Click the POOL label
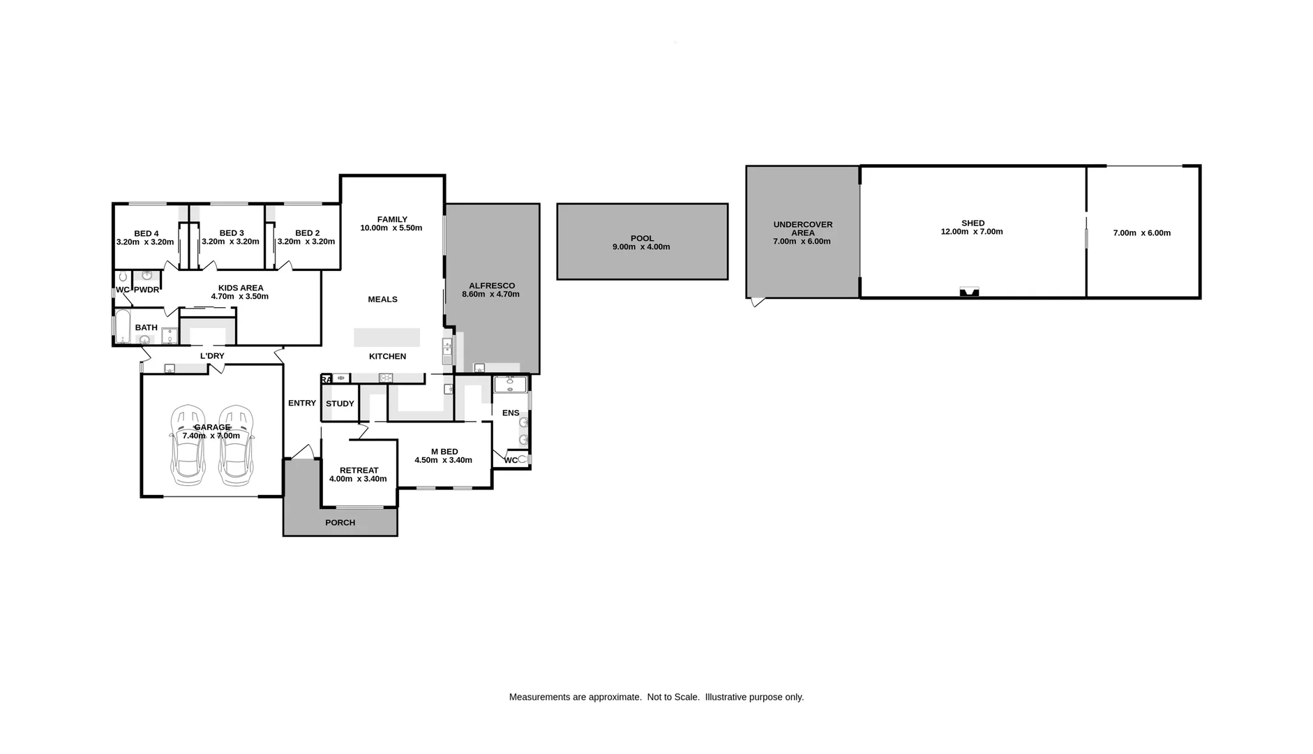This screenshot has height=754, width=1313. point(642,238)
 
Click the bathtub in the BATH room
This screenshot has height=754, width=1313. point(123,326)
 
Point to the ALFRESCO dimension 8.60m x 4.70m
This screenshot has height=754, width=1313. point(490,295)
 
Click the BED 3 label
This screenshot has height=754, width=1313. point(231,233)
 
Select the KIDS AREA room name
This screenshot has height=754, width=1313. point(241,288)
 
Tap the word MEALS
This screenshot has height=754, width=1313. point(382,300)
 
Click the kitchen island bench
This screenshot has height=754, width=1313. point(387,337)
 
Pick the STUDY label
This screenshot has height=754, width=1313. point(340,404)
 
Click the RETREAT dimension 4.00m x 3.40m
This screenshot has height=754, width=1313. point(357,479)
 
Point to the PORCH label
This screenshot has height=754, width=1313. point(340,522)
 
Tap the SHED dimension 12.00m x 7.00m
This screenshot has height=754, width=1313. point(971,232)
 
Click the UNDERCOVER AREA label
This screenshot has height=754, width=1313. point(802,228)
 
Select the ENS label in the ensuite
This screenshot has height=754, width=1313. point(510,413)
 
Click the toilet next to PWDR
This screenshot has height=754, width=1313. point(123,277)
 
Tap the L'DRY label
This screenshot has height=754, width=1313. point(212,356)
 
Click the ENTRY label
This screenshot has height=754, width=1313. point(301,403)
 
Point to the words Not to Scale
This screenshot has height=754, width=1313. point(673,697)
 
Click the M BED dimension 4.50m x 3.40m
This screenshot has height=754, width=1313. point(443,460)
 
